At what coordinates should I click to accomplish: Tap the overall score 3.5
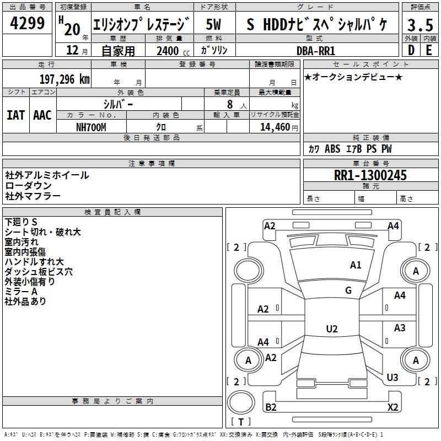coord(420,26)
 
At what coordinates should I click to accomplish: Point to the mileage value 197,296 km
coord(64,79)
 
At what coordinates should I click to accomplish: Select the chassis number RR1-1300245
coord(370,175)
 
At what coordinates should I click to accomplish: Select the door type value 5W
coord(214,24)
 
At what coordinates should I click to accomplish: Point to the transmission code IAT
coord(16,115)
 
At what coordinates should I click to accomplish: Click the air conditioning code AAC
coord(42,115)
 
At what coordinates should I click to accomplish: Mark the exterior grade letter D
coord(411,50)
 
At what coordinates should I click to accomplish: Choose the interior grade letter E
coord(429,50)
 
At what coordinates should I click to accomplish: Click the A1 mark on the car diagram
coord(356,265)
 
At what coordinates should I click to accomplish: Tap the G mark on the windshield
coord(348,291)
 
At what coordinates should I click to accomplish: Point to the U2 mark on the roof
coord(332,329)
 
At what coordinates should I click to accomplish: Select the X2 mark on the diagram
coord(393,407)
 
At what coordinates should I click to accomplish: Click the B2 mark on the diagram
coord(271,407)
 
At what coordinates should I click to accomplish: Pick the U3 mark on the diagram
coord(392,378)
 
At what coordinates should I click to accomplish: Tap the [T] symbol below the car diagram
coord(241,422)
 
